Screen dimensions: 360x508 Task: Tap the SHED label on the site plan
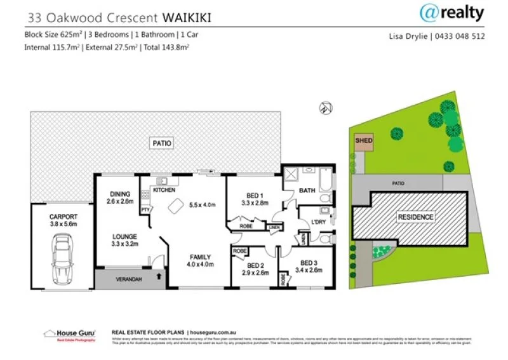click(x=363, y=141)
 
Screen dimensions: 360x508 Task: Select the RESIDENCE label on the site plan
click(x=416, y=217)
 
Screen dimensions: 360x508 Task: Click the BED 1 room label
click(x=251, y=195)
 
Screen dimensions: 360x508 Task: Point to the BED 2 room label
click(x=256, y=265)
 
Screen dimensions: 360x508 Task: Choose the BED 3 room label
click(x=308, y=262)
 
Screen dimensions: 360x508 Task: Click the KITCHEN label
click(x=164, y=190)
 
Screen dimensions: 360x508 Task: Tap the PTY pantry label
click(x=145, y=209)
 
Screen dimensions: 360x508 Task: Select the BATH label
click(x=307, y=190)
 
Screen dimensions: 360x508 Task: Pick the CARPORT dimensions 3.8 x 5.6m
click(x=63, y=223)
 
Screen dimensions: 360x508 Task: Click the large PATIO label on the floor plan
click(x=162, y=143)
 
